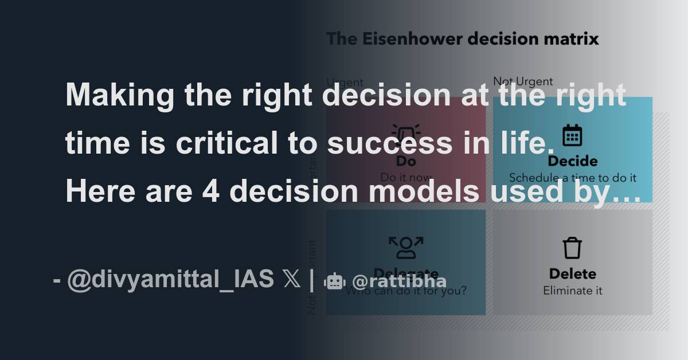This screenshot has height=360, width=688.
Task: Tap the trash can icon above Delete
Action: [x=572, y=248]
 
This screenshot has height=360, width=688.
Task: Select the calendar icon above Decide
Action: [x=572, y=135]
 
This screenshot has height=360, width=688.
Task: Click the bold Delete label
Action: [x=572, y=274]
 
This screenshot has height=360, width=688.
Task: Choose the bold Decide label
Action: [x=572, y=161]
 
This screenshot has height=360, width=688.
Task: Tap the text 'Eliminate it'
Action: [x=572, y=291]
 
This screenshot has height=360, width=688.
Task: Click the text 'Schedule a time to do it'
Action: [x=572, y=178]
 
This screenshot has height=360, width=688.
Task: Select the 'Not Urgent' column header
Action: [x=523, y=82]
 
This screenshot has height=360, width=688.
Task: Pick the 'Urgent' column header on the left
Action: [x=345, y=82]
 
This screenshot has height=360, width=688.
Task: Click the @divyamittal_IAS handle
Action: [x=170, y=280]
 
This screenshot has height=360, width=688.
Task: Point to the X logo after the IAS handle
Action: [x=291, y=280]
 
